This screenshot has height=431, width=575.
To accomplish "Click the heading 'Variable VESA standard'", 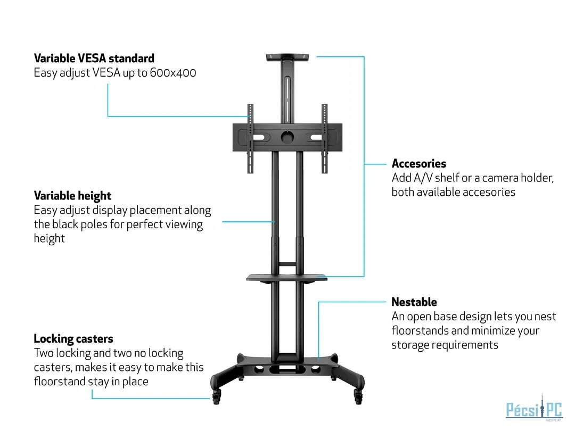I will [x=94, y=59].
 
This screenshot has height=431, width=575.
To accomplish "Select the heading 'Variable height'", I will [x=72, y=196].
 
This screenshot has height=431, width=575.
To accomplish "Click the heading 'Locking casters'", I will [x=73, y=339].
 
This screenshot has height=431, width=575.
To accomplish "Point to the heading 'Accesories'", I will [x=418, y=163].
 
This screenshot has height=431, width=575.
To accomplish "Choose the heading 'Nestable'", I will [x=414, y=302].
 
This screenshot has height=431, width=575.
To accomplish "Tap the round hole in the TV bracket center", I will [x=287, y=137].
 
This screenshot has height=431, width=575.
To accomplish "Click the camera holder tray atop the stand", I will [x=287, y=56].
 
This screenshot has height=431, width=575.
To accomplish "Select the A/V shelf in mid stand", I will [x=287, y=277].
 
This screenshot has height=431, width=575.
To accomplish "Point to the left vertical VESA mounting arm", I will [x=250, y=138].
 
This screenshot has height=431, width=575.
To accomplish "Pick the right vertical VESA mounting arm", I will [x=324, y=138].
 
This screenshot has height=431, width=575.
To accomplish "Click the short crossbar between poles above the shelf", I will [x=287, y=263].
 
